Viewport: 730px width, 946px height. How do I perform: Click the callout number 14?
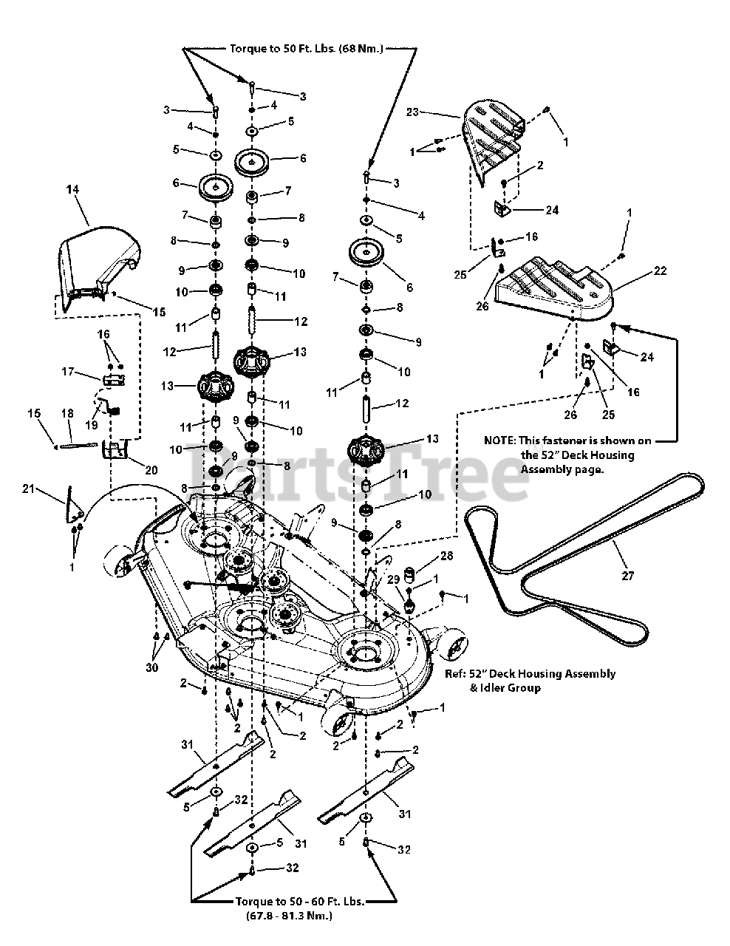point(72,190)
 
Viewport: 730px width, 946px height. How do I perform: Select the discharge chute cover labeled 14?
point(96,262)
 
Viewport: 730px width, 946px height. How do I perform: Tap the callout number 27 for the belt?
point(627,576)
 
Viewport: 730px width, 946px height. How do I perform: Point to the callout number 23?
point(412,112)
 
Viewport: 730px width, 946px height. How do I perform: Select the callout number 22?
point(660,270)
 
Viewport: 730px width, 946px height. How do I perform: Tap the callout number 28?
point(446,555)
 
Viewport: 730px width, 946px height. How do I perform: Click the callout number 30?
point(152,667)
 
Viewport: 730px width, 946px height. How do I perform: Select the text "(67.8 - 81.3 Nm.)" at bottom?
point(288,916)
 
